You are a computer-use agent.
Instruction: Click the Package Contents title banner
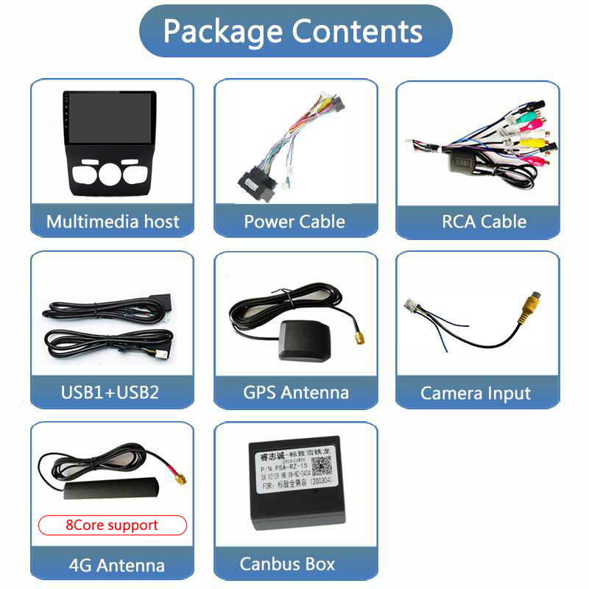tap(294, 31)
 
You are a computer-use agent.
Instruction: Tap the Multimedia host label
tap(113, 222)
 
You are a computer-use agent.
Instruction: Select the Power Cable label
tap(294, 222)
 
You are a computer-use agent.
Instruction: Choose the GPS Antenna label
tap(295, 392)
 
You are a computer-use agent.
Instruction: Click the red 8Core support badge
tap(112, 525)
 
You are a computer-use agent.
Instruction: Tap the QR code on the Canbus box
tap(321, 466)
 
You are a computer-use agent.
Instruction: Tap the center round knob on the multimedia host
tap(110, 174)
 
